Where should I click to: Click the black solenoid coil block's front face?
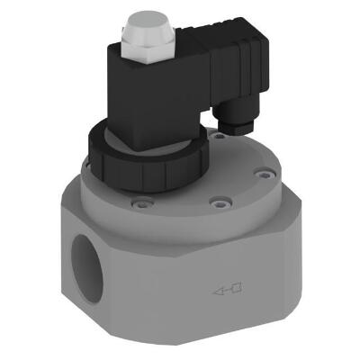click(x=158, y=90)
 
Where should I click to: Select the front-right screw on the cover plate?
click(x=215, y=203)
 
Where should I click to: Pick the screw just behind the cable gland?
click(x=217, y=136)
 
